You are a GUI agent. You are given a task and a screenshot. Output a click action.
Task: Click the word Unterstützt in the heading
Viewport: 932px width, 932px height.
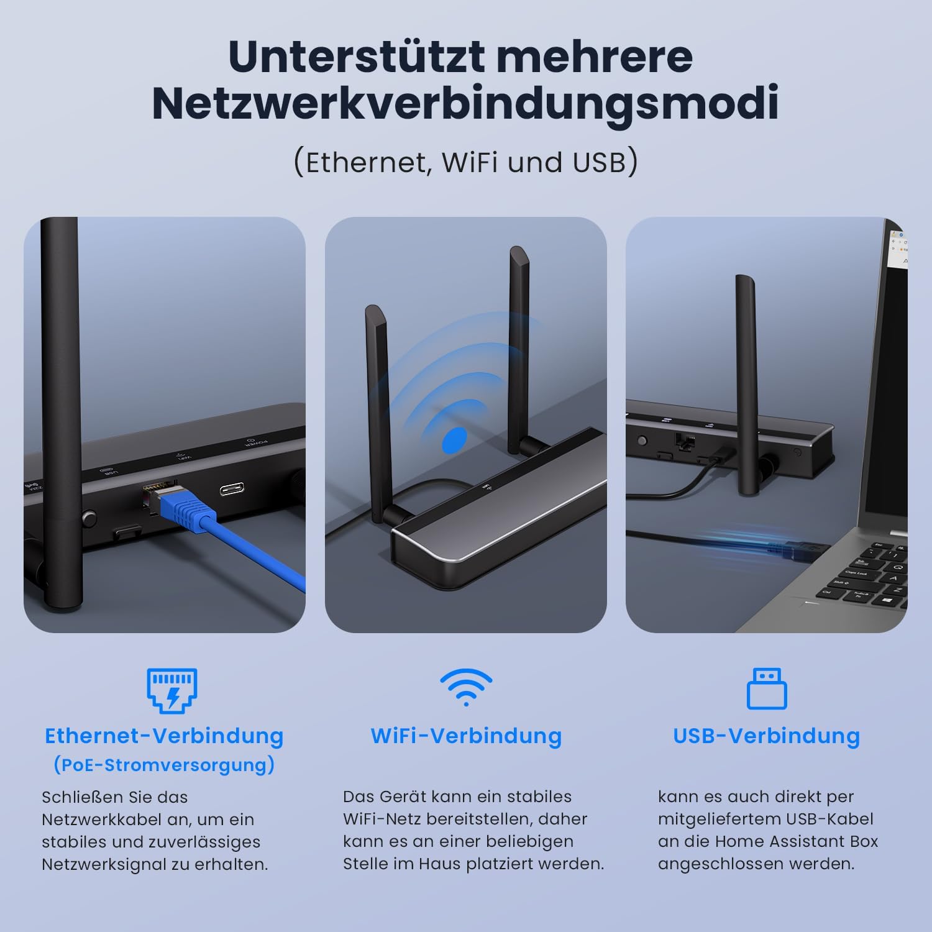click(x=356, y=57)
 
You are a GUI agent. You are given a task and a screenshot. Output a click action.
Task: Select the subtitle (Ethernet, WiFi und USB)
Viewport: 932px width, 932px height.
click(x=465, y=162)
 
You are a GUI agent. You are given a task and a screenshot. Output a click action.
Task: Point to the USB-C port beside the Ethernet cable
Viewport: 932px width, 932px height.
click(x=231, y=489)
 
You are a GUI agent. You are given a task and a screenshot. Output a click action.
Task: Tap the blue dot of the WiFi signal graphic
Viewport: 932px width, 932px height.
click(x=454, y=440)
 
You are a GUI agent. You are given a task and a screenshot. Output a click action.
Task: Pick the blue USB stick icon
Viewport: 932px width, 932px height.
click(x=766, y=688)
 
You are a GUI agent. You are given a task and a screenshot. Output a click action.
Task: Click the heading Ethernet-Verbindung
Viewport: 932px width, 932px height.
click(x=164, y=736)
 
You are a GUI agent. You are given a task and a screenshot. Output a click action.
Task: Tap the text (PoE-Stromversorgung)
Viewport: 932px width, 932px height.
click(x=164, y=764)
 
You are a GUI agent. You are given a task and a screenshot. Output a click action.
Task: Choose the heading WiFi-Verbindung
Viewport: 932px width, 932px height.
click(x=466, y=736)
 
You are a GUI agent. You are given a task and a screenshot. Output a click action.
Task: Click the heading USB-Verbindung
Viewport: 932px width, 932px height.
click(x=766, y=736)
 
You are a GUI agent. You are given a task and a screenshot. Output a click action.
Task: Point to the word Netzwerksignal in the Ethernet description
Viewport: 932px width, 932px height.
click(x=109, y=864)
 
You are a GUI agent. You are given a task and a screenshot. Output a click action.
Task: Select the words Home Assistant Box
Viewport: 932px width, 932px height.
click(x=797, y=841)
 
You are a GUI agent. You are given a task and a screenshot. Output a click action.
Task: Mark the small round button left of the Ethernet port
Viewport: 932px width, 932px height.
click(x=89, y=517)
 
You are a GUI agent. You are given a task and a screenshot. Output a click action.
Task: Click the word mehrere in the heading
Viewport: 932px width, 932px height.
click(x=595, y=57)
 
